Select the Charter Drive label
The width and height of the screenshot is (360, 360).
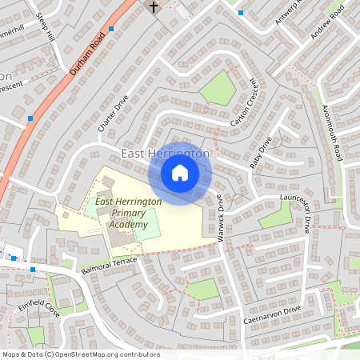click(x=113, y=114)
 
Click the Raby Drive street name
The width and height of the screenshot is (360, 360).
click(x=261, y=151)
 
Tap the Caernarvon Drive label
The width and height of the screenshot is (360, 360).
click(x=272, y=314)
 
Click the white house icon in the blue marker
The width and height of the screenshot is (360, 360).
click(x=180, y=173)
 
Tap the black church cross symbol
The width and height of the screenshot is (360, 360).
click(x=154, y=7)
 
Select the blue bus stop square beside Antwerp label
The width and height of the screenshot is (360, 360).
click(x=241, y=13)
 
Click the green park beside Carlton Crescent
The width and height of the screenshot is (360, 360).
click(x=218, y=88)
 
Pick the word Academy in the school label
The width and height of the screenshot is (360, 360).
click(x=128, y=226)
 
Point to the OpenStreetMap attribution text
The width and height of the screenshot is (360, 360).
click(x=81, y=354)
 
